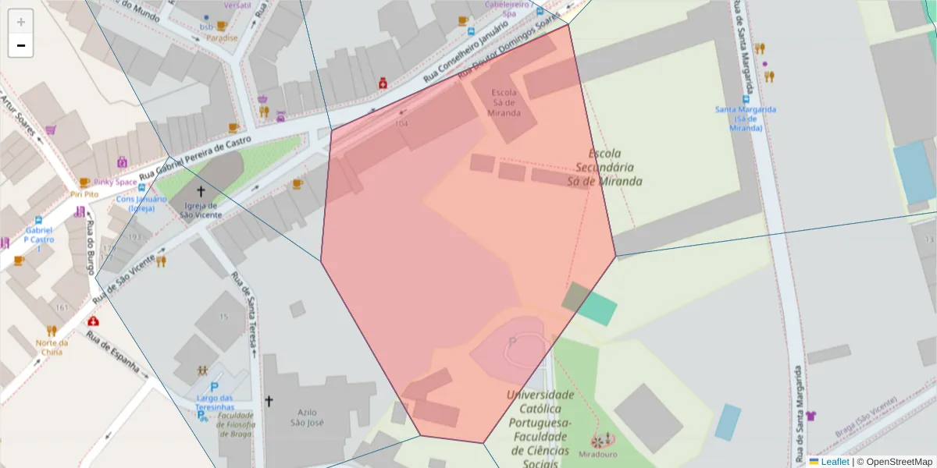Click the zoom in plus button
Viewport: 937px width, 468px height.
(x=21, y=22)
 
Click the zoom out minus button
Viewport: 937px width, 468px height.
(x=21, y=45)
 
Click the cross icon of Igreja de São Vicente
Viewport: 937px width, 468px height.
(x=201, y=190)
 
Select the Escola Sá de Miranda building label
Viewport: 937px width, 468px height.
(x=505, y=102)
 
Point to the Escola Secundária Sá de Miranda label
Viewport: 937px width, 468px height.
(x=608, y=168)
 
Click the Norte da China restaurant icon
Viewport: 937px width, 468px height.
(x=52, y=330)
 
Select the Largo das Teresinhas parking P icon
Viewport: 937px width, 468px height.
(x=214, y=387)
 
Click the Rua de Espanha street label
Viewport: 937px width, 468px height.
(x=112, y=353)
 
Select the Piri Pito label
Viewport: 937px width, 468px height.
(x=84, y=193)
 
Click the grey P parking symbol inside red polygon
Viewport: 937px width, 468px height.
(x=512, y=342)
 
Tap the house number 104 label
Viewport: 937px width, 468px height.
(x=401, y=123)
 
